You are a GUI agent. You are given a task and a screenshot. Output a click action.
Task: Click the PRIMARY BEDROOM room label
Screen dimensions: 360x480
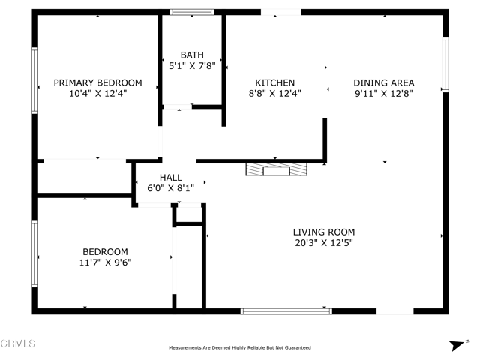click(97, 82)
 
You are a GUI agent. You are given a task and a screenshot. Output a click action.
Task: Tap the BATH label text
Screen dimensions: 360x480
click(191, 55)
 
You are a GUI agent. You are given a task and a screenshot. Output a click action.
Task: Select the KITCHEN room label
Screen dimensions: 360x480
click(274, 82)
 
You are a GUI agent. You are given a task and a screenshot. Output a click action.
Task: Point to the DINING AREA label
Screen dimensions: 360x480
click(384, 82)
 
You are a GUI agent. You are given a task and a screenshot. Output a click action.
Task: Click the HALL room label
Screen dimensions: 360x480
click(172, 177)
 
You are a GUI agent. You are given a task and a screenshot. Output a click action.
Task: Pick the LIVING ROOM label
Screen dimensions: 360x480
click(323, 232)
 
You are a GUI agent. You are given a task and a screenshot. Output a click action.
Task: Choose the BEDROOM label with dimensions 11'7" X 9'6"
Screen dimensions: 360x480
click(104, 251)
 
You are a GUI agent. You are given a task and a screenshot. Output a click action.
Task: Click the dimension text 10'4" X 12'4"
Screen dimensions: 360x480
click(97, 94)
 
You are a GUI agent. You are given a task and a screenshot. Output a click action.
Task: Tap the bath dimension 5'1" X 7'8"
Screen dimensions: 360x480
click(191, 66)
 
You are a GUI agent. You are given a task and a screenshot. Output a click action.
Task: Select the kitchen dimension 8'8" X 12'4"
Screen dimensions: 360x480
click(274, 94)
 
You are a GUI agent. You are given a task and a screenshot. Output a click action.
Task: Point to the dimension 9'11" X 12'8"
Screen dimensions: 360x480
click(384, 94)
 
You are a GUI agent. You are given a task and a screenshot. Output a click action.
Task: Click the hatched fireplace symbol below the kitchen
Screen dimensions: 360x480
click(276, 170)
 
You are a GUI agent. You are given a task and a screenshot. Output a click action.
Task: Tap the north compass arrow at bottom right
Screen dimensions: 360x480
click(455, 345)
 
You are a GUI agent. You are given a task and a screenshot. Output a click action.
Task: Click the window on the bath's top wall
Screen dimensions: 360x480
click(191, 12)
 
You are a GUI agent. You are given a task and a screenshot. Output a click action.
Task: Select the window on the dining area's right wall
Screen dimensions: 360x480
click(445, 64)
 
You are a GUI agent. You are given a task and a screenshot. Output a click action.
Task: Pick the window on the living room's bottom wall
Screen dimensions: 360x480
click(286, 310)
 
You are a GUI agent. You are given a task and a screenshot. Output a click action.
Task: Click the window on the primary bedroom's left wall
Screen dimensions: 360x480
click(34, 80)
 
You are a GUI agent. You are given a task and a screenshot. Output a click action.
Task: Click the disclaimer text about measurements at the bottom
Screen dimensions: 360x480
click(239, 347)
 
